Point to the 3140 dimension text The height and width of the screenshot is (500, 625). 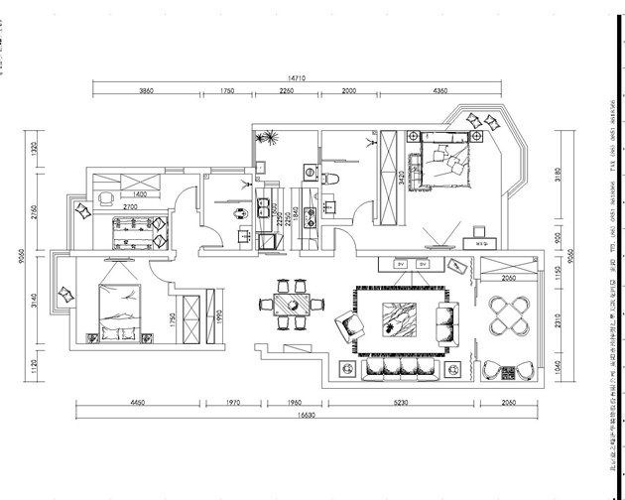[x=34, y=298]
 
